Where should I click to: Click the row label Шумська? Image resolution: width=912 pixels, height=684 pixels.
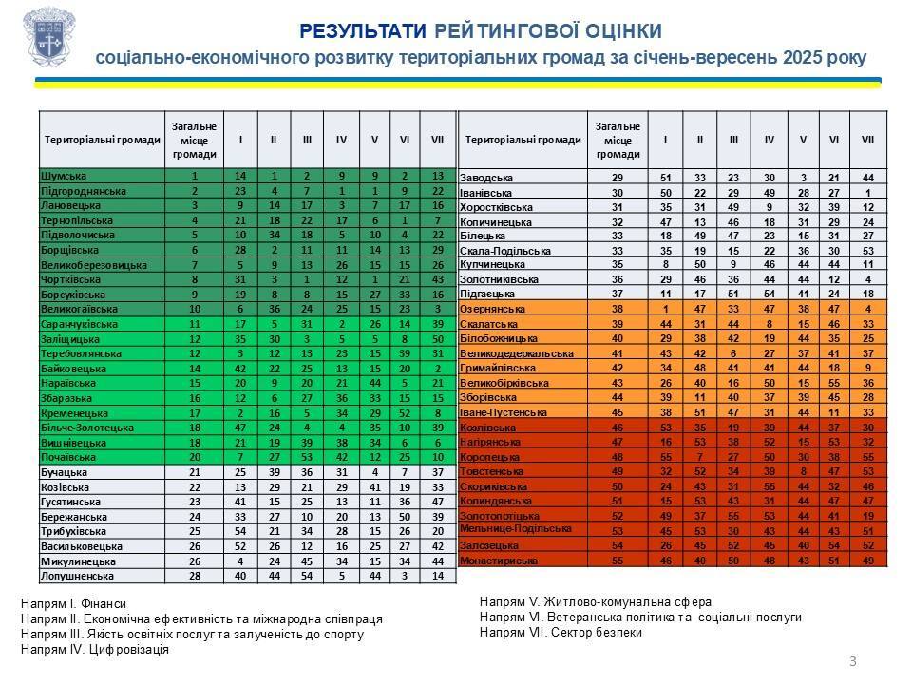click(64, 176)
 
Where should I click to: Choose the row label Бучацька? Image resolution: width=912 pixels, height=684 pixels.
click(65, 472)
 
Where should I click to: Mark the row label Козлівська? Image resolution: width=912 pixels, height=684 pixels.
click(488, 428)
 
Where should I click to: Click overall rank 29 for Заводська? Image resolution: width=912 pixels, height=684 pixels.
click(617, 178)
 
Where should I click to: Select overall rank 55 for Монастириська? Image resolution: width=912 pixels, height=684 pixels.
click(617, 561)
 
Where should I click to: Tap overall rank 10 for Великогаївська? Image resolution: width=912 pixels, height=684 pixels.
click(194, 309)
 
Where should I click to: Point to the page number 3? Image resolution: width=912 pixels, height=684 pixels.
click(852, 661)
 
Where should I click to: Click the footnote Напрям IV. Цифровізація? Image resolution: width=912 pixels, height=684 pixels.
click(95, 650)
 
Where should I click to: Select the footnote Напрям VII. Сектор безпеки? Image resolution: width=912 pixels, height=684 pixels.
click(561, 632)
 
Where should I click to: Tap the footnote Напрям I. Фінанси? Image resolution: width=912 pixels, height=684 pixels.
click(73, 603)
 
